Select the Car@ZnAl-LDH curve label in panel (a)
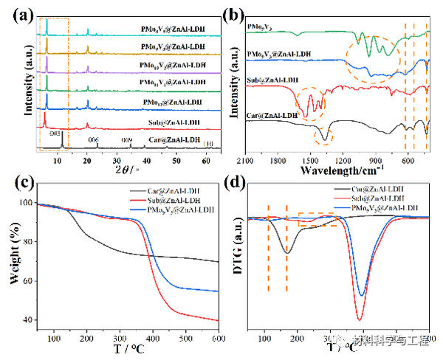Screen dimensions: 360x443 pyautogui.click(x=174, y=139)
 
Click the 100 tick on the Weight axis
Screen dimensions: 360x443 pyautogui.click(x=27, y=203)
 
